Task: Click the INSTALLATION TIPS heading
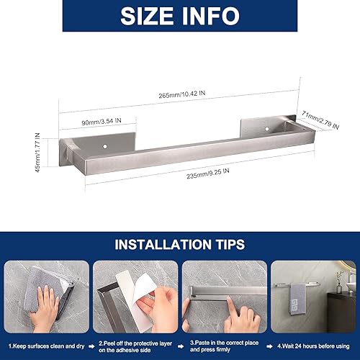pyautogui.click(x=179, y=244)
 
